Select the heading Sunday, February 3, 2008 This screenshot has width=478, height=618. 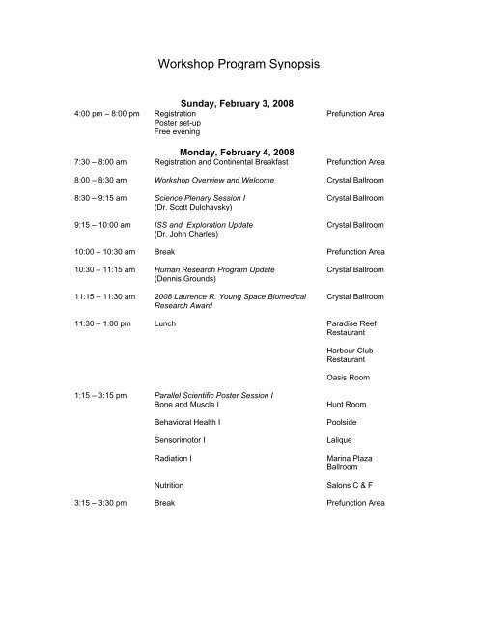tap(239, 104)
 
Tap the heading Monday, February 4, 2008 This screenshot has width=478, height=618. tap(239, 152)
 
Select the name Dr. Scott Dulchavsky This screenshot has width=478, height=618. tap(193, 207)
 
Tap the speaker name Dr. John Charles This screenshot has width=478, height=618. tap(186, 234)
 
